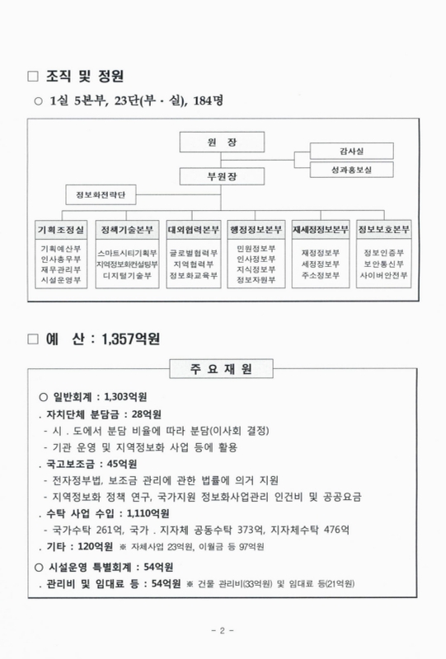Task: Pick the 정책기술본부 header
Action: pyautogui.click(x=127, y=229)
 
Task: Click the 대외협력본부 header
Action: pyautogui.click(x=193, y=229)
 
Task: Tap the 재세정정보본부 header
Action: pyautogui.click(x=321, y=229)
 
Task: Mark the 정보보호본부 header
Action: pyautogui.click(x=385, y=229)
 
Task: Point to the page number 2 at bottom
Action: pyautogui.click(x=223, y=630)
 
